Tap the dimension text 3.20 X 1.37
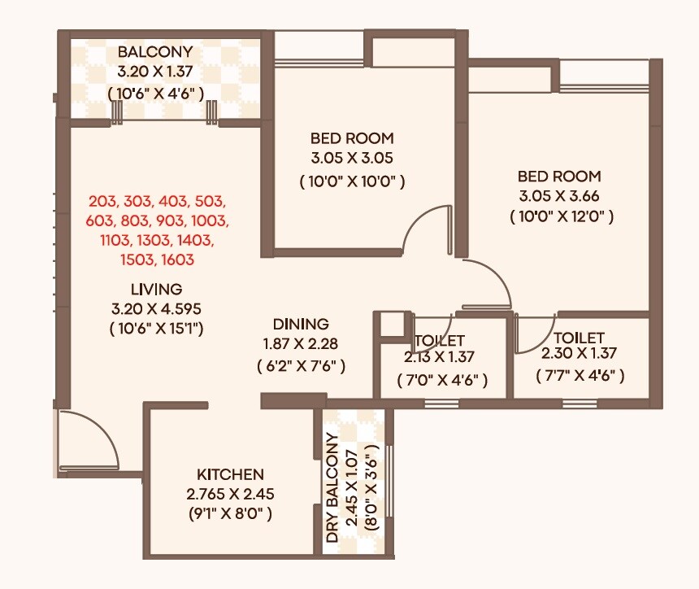coord(154,72)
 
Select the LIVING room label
coord(156,289)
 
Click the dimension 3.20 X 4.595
coord(156,308)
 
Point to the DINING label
coord(301,324)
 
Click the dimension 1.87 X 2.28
coord(301,343)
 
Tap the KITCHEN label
coord(230,474)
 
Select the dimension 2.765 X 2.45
coord(230,494)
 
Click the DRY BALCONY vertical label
coord(332,489)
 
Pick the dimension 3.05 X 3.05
coord(352,158)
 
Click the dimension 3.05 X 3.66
coord(561,196)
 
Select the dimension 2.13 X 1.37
coord(440,356)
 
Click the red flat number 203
coord(103,201)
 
